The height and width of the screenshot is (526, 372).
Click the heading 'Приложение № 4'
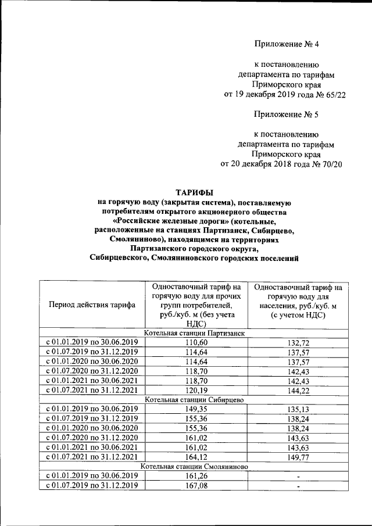(287, 44)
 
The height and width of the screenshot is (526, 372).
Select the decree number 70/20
(331, 164)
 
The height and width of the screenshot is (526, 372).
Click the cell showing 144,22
(298, 391)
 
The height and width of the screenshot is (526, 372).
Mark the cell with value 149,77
(298, 457)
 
